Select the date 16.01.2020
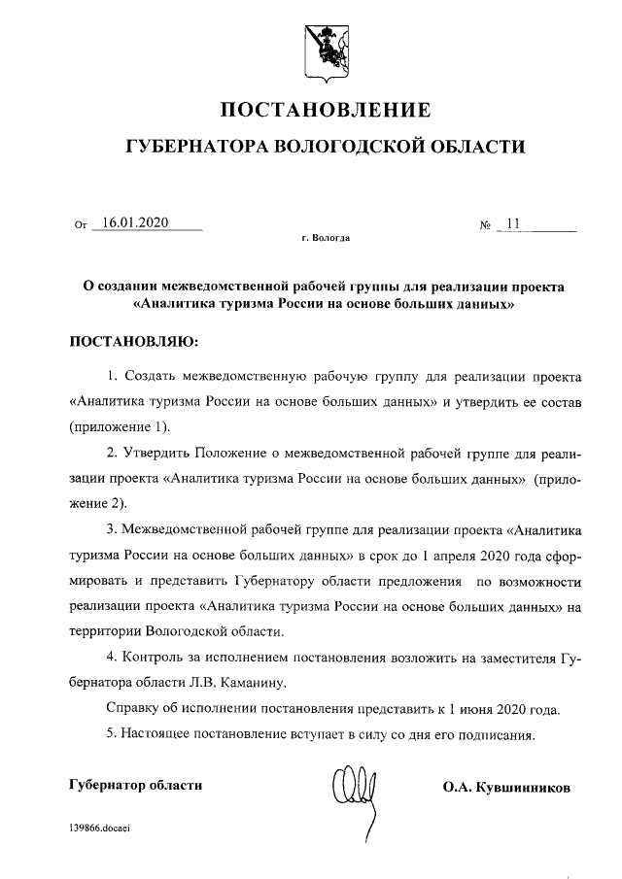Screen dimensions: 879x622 pos(135,222)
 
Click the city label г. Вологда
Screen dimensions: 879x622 pos(327,237)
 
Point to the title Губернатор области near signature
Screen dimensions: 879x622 pos(135,784)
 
